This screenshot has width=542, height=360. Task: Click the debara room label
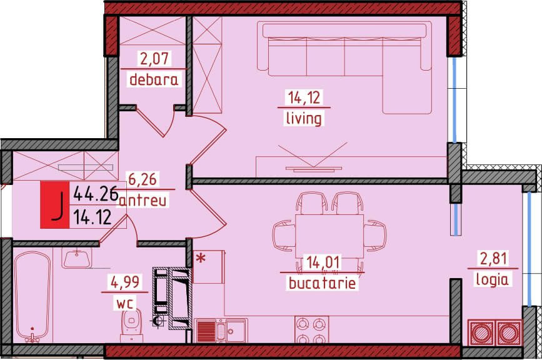154,80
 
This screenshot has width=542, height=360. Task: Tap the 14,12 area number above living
304,97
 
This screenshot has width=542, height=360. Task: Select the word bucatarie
322,283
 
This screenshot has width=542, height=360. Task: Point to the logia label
492,279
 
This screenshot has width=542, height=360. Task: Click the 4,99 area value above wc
125,282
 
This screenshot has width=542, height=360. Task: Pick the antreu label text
143,201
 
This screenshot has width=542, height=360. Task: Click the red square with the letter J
55,205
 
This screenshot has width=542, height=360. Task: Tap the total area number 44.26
96,194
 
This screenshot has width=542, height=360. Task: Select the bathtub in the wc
33,297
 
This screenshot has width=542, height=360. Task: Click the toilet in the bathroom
131,325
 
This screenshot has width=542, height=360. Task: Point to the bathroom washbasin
77,257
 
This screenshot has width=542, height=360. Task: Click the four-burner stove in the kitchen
311,329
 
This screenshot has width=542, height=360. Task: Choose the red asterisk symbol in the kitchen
200,258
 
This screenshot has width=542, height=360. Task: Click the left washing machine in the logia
481,332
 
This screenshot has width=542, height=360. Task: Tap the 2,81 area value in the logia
494,258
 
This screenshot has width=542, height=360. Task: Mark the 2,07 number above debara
154,58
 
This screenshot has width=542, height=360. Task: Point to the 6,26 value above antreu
143,179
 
